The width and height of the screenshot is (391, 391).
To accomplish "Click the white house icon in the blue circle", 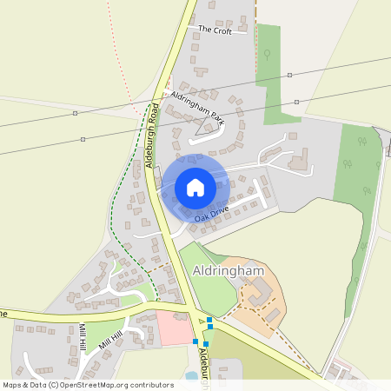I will click(195, 187).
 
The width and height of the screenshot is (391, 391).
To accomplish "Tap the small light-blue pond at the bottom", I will click(191, 376).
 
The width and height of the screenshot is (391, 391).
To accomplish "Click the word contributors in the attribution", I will click(151, 384).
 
